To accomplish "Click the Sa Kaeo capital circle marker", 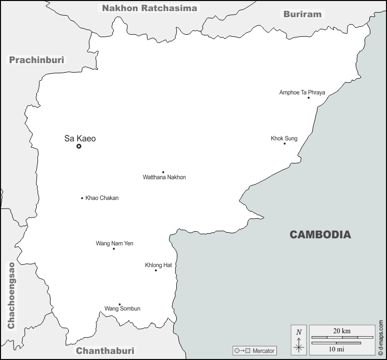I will (79, 146).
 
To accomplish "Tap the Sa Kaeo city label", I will (80, 138).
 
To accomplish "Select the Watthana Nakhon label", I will (164, 177).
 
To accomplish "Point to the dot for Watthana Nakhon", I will (163, 172).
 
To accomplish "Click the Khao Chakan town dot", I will (82, 198).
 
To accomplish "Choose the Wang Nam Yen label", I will (115, 243).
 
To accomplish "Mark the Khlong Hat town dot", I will (156, 270).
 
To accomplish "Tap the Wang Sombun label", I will (122, 308).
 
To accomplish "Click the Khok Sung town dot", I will (284, 143).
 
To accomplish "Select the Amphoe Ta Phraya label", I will (302, 92).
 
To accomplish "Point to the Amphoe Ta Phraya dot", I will (309, 98).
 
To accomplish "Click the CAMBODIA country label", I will (320, 234).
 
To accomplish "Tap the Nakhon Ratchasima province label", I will (150, 8).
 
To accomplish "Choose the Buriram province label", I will (302, 14).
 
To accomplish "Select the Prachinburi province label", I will (37, 60).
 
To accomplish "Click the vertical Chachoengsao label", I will (12, 295).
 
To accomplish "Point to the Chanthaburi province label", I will (105, 350).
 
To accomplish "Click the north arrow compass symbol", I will (299, 339).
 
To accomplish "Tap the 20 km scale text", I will (342, 331).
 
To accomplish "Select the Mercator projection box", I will (255, 350).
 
